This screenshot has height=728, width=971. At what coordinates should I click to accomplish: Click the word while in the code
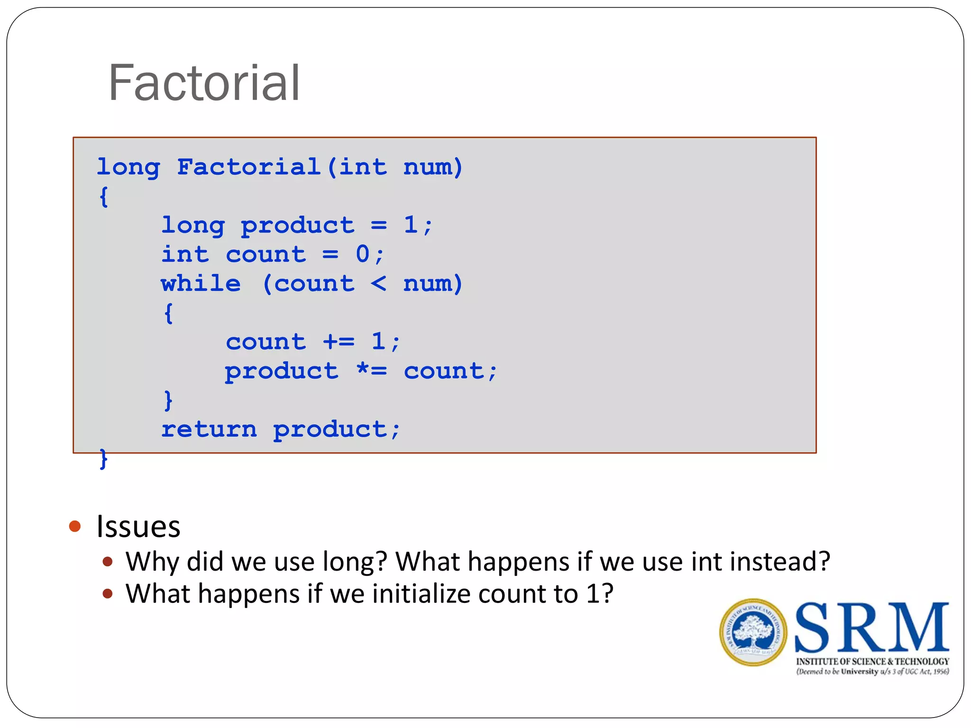click(201, 284)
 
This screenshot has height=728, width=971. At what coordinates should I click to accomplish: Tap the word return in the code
click(209, 429)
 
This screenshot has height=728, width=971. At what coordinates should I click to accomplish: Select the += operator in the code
click(339, 342)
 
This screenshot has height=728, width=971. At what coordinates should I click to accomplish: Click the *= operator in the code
click(372, 371)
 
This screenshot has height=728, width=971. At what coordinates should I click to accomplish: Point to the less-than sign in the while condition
click(378, 284)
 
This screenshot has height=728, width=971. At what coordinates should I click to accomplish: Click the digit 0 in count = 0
click(363, 255)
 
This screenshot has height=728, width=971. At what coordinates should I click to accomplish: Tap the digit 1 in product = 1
click(411, 225)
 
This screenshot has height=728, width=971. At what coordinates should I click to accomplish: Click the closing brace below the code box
click(103, 459)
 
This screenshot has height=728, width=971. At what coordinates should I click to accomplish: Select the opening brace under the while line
click(168, 313)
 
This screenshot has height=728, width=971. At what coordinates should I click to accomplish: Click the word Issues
click(138, 527)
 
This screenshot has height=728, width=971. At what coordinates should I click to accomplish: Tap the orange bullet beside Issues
click(75, 526)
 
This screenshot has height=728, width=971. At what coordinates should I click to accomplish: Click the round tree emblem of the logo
click(753, 632)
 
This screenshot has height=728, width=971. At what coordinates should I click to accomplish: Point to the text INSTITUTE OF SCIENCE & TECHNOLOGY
click(872, 661)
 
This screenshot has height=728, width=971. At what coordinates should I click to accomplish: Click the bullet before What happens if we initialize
click(108, 594)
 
